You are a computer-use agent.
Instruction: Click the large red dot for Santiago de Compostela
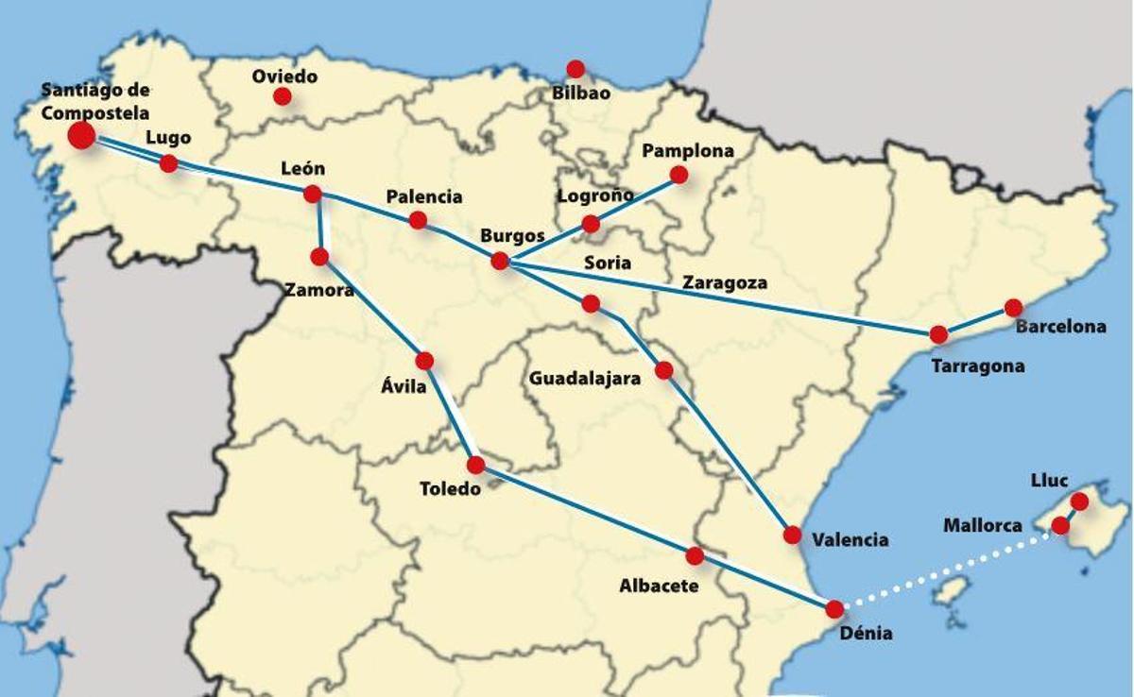[81, 135]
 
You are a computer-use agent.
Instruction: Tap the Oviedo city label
[284, 76]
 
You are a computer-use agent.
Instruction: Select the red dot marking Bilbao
[576, 69]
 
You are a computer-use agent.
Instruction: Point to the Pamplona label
[687, 150]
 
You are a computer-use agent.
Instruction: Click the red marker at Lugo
[169, 163]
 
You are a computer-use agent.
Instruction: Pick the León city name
[303, 169]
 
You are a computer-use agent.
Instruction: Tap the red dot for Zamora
[319, 256]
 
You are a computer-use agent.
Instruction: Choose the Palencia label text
[424, 197]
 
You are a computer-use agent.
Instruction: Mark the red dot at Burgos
[500, 261]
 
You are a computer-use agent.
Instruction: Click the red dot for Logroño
[591, 224]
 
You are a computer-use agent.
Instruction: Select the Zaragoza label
[725, 282]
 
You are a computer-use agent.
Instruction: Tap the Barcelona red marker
[1013, 308]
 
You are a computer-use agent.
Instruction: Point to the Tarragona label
[977, 366]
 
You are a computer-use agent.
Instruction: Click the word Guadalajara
[584, 379]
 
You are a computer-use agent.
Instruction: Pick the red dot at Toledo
[475, 465]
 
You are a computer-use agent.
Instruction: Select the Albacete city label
[659, 586]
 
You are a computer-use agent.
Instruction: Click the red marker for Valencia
[792, 535]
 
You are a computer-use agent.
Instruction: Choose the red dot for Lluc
[1079, 501]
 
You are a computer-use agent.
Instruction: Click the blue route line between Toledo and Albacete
[586, 511]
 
